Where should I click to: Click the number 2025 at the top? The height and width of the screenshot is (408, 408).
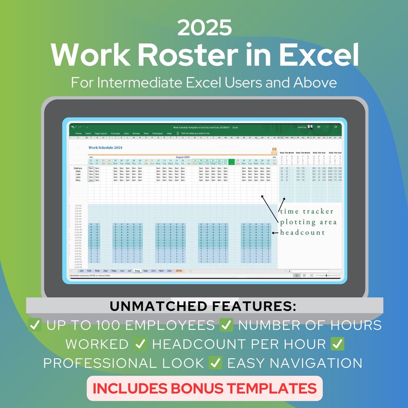pyautogui.click(x=203, y=28)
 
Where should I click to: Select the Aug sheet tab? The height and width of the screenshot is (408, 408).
pyautogui.click(x=137, y=270)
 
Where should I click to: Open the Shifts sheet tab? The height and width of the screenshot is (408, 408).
pyautogui.click(x=179, y=270)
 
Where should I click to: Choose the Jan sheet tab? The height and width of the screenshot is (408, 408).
pyautogui.click(x=81, y=270)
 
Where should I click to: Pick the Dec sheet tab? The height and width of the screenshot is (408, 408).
pyautogui.click(x=170, y=270)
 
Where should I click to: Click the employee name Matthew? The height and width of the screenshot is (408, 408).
pyautogui.click(x=78, y=168)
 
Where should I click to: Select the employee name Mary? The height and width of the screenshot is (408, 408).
pyautogui.click(x=78, y=180)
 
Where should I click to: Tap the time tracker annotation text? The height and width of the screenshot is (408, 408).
pyautogui.click(x=307, y=211)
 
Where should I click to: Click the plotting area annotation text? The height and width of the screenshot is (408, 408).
pyautogui.click(x=308, y=222)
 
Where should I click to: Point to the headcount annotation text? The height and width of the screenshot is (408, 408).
pyautogui.click(x=303, y=233)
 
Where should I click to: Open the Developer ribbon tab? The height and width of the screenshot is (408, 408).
pyautogui.click(x=157, y=133)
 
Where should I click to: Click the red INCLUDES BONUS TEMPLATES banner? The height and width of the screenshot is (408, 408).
pyautogui.click(x=204, y=388)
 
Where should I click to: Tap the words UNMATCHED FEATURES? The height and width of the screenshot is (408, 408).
pyautogui.click(x=203, y=307)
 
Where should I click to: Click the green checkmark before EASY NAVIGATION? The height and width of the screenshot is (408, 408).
pyautogui.click(x=216, y=363)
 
